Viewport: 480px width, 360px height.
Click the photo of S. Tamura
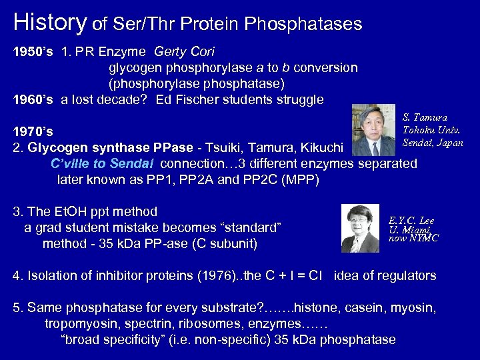(x=374, y=130)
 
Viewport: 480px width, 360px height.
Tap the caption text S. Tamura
(x=425, y=117)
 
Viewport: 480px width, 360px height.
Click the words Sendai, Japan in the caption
(x=433, y=143)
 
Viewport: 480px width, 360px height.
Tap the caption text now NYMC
(x=413, y=238)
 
